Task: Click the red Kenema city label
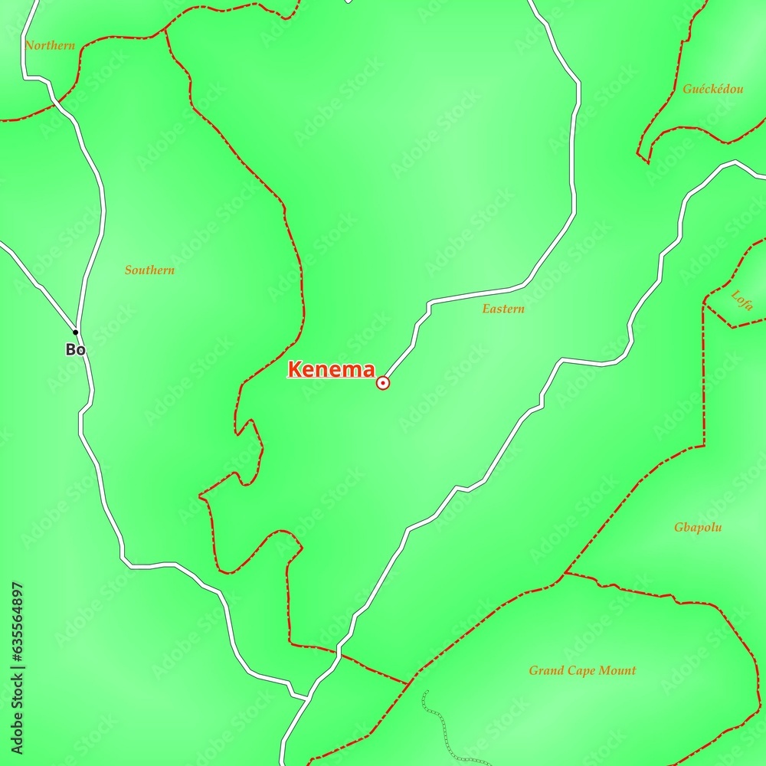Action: pos(331,370)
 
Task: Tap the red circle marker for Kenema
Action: pos(383,382)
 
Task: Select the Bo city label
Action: pos(74,349)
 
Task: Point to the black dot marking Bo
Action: pos(75,332)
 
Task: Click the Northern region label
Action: pos(50,46)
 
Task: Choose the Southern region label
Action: pos(149,270)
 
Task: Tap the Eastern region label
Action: pos(503,309)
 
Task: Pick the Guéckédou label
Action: pos(712,89)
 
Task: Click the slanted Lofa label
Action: pos(741,300)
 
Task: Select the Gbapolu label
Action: pos(698,527)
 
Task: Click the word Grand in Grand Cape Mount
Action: pos(546,671)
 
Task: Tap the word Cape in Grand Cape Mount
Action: pos(583,671)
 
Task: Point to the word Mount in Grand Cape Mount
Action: pos(619,671)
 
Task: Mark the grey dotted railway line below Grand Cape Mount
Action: pos(439,728)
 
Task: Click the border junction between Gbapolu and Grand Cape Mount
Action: pos(565,573)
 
